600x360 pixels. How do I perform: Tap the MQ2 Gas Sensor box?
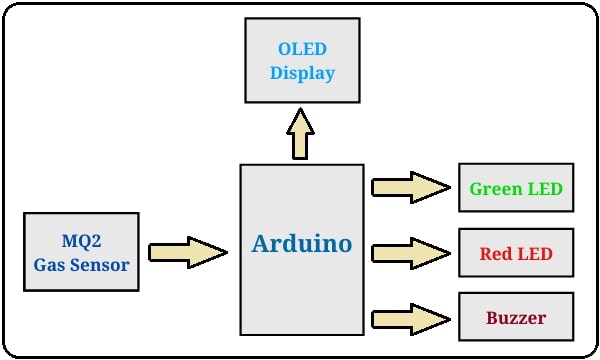[81, 251]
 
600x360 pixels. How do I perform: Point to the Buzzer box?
[516, 319]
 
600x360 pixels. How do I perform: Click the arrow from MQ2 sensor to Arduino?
[187, 252]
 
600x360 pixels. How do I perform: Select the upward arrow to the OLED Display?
[300, 133]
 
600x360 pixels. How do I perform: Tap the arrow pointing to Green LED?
[410, 187]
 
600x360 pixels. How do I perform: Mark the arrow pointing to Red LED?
[410, 253]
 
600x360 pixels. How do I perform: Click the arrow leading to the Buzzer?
[410, 319]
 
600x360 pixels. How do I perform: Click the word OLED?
[302, 50]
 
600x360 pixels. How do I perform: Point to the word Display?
[302, 73]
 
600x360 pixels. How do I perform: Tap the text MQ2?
[81, 241]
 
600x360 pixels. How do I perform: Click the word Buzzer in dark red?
[516, 319]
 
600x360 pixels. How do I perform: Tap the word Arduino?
[301, 244]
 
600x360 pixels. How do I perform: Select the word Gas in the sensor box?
[50, 264]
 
